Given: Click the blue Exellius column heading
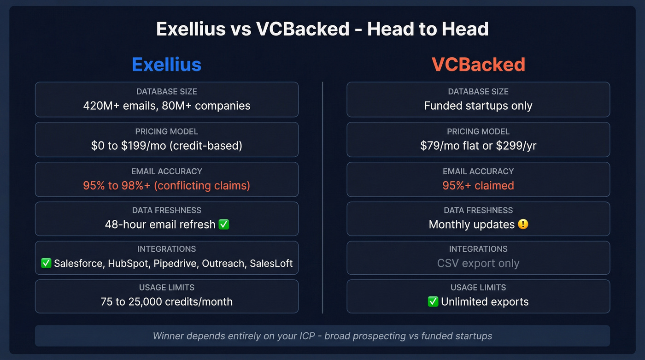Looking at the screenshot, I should coord(166,64).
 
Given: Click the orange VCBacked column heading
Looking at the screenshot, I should coord(478,64).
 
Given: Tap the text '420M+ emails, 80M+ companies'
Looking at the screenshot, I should coord(166,106).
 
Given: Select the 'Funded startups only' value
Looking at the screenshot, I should coord(478,106).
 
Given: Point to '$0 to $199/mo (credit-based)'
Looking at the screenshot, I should coord(166,146).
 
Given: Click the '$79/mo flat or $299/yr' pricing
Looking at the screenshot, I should coord(478,146).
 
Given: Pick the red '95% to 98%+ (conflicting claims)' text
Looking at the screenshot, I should coord(166,185).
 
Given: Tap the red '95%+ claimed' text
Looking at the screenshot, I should coord(478,185).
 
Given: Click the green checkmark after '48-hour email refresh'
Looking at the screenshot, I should coord(224,224).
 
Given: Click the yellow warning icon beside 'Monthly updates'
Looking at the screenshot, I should coord(523,224).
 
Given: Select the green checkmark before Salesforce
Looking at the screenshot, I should coord(46,263).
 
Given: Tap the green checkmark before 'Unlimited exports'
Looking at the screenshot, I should coord(433,301).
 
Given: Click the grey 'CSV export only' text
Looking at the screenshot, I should coord(478,263).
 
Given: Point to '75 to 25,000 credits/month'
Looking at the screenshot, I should coord(166,301).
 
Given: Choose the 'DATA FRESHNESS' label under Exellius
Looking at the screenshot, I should coord(166,210).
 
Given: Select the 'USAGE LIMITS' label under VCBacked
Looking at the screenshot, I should coord(478,288).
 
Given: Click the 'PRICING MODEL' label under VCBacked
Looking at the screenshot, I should coord(478,131).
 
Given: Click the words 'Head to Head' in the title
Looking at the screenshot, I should coord(428,29).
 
